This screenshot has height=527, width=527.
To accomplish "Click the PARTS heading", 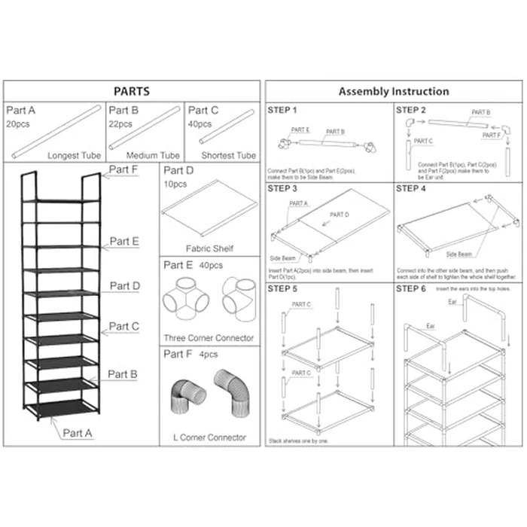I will point(131,91).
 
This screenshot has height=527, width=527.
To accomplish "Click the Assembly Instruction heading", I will point(393,91).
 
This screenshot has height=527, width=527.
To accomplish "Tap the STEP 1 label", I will point(282,111).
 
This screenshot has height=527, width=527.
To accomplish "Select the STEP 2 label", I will point(411,111).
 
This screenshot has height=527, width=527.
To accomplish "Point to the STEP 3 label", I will point(282,188).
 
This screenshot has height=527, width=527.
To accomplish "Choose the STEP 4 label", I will point(411,188).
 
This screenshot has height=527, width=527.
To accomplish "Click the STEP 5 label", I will point(282,288).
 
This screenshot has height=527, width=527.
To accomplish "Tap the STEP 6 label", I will point(411,288).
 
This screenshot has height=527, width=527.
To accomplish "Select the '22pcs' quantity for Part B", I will point(120,123).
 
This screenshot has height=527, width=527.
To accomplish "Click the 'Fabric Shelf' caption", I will point(209,248).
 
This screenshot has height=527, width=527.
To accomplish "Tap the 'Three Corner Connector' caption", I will point(209,338).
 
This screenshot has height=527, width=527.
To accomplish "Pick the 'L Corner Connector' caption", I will point(209,437).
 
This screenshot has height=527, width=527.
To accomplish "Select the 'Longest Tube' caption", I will point(74,156).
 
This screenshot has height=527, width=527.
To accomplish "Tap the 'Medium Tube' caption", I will point(154,156).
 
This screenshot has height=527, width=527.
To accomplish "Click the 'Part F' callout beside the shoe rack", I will point(123,169).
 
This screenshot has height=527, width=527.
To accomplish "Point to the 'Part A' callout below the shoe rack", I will point(78,433).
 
